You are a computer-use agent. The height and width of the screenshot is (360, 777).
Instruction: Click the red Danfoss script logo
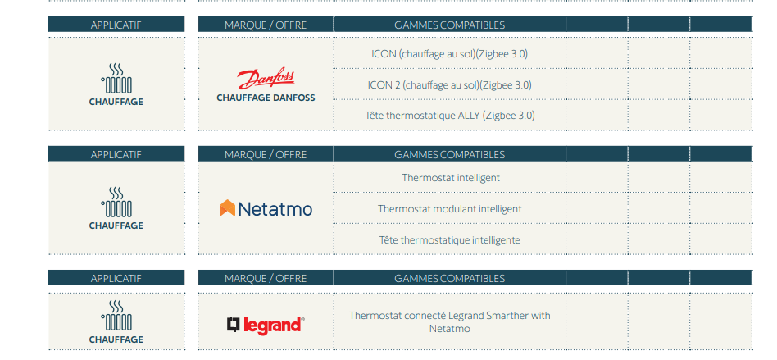click(266, 79)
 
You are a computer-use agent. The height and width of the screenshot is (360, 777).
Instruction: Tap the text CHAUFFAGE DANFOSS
click(266, 98)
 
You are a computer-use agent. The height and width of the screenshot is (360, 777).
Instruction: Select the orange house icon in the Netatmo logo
click(227, 207)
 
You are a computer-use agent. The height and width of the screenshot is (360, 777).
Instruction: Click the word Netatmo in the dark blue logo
click(275, 209)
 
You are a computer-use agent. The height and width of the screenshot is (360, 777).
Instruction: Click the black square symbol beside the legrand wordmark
click(234, 324)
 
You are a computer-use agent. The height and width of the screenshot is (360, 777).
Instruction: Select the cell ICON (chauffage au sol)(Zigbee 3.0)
click(449, 53)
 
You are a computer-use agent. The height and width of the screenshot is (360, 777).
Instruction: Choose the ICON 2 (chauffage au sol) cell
click(449, 84)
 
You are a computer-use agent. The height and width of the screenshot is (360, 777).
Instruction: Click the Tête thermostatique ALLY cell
click(449, 116)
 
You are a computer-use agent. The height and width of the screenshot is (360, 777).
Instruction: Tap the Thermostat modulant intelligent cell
click(449, 209)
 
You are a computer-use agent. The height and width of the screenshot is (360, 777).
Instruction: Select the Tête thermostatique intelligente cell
click(449, 240)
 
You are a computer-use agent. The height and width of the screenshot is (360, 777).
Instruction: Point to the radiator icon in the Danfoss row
click(116, 79)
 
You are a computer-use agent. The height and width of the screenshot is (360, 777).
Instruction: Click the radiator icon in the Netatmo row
click(116, 203)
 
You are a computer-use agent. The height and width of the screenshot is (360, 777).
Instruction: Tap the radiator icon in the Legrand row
click(116, 316)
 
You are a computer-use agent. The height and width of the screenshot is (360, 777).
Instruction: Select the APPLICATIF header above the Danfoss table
click(116, 25)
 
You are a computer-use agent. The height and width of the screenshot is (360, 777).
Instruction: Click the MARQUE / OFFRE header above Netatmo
click(266, 154)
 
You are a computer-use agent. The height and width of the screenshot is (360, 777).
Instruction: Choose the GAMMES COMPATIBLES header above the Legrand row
click(449, 278)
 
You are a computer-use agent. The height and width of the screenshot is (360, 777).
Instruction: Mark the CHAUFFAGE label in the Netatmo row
click(116, 226)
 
